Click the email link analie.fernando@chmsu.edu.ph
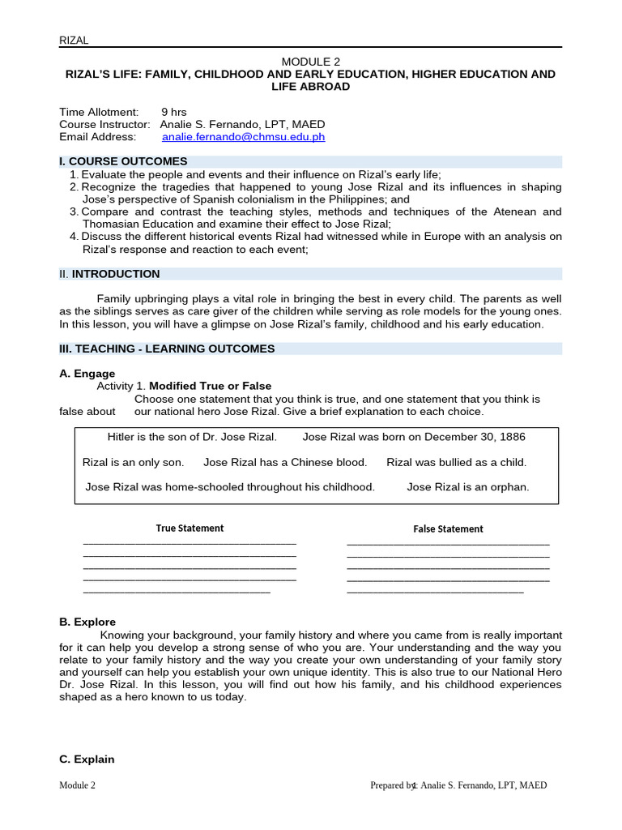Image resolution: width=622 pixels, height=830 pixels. coord(244,137)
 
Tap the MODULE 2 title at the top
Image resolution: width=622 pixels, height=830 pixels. coord(311,62)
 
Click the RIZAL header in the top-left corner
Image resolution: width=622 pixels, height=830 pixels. coord(74,40)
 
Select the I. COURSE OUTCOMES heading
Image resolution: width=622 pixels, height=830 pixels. coord(123,161)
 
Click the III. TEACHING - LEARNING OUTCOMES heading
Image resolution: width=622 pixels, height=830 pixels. coord(167,349)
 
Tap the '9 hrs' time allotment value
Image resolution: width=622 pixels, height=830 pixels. coord(173,111)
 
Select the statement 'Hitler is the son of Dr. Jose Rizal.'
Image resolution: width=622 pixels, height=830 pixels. coord(192,437)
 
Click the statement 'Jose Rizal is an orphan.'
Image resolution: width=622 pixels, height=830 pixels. coord(467,487)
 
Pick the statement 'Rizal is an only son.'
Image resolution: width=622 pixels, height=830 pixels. coord(133,462)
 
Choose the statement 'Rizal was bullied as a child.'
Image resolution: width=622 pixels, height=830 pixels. coord(456,462)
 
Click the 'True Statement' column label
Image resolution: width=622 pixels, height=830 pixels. coord(190,528)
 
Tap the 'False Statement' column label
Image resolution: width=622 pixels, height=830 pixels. coord(448,529)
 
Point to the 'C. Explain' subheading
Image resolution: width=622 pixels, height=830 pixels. coord(87,759)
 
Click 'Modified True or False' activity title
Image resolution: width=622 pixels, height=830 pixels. coord(211,386)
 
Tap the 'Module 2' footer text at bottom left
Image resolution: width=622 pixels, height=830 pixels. coord(77,785)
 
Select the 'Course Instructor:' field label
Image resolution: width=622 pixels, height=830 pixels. coord(104,124)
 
